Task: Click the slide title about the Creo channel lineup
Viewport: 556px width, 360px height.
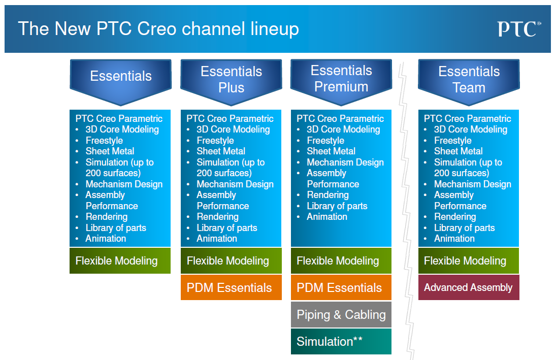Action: [x=158, y=29]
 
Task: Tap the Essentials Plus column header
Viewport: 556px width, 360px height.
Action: [x=231, y=79]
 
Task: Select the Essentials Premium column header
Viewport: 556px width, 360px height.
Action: [x=341, y=79]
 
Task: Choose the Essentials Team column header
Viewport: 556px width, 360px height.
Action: [x=469, y=79]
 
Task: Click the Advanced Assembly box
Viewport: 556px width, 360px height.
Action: [x=468, y=287]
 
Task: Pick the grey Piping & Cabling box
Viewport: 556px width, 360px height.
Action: [x=341, y=315]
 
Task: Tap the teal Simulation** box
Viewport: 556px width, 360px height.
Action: [x=341, y=342]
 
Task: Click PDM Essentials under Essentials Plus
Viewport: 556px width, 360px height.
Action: [x=231, y=288]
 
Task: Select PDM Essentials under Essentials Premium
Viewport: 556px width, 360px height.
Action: [x=341, y=288]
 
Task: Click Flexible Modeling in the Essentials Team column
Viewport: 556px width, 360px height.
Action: [x=468, y=261]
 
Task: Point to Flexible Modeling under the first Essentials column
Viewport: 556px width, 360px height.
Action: [x=120, y=261]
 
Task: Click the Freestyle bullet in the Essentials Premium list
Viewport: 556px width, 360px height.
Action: [x=325, y=141]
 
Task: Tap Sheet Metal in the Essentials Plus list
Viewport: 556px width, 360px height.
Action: [x=221, y=151]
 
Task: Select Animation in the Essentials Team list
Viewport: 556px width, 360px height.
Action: [x=454, y=239]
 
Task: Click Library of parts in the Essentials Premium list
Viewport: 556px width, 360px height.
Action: [x=337, y=206]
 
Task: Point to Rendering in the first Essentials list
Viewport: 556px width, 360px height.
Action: [x=106, y=217]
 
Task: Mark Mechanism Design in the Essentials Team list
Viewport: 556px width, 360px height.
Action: [x=472, y=184]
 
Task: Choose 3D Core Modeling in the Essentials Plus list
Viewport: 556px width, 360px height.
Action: [x=233, y=129]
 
